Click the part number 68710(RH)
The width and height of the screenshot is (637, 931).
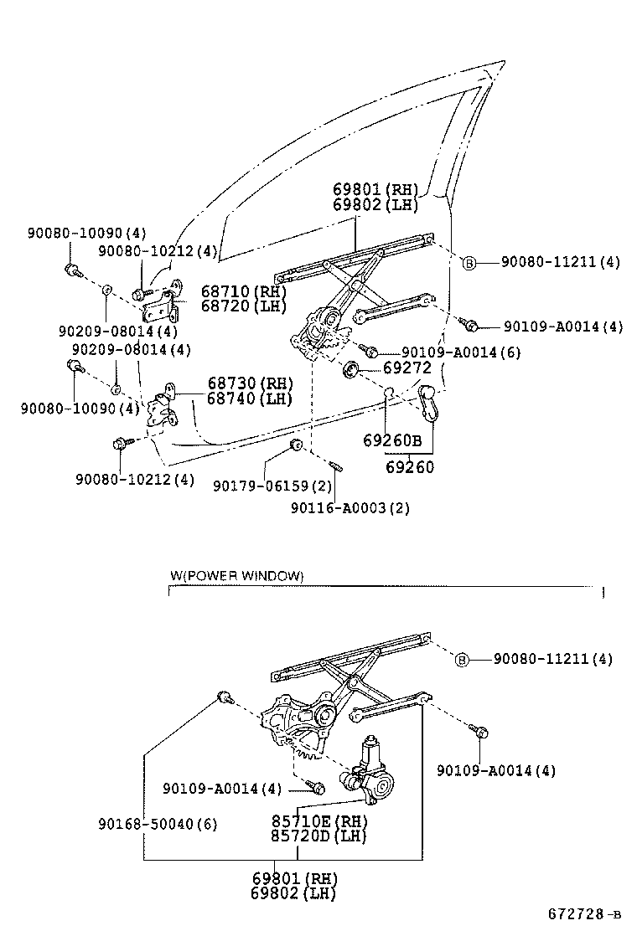(x=243, y=291)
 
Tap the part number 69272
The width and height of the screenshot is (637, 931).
(x=407, y=367)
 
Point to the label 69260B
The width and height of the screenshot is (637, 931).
(x=391, y=440)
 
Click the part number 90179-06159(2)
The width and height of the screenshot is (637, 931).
(x=272, y=486)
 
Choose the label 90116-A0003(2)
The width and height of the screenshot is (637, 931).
(x=350, y=507)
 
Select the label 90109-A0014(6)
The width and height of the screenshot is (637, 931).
(x=461, y=352)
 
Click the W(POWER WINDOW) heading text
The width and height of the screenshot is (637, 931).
(x=236, y=576)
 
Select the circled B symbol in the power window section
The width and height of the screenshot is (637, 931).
(x=461, y=660)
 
